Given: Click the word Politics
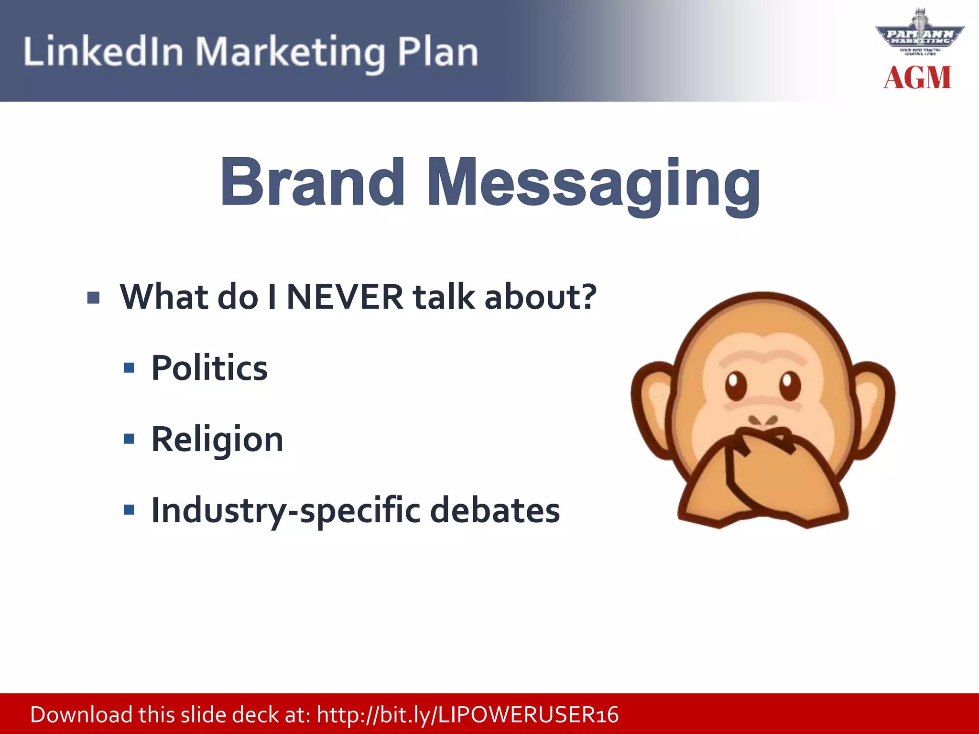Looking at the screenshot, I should (209, 368).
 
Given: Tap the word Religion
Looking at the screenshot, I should (217, 440).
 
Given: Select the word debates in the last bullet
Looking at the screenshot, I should (495, 510).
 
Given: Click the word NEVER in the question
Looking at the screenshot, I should (345, 297).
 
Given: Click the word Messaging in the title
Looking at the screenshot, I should (593, 184).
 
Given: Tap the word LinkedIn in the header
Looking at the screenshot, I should (103, 52).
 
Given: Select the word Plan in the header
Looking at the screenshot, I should (437, 52).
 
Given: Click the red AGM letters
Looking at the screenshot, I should (917, 78).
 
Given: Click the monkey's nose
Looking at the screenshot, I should (763, 421).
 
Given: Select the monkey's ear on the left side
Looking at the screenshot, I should (653, 409).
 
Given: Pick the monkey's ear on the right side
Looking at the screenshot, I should (873, 409).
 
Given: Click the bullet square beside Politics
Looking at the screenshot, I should (129, 368).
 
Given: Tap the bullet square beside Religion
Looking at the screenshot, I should (129, 439).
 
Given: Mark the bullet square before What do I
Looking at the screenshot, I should (94, 298).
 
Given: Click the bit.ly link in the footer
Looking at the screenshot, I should (468, 715).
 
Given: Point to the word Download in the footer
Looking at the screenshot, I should (81, 715).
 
